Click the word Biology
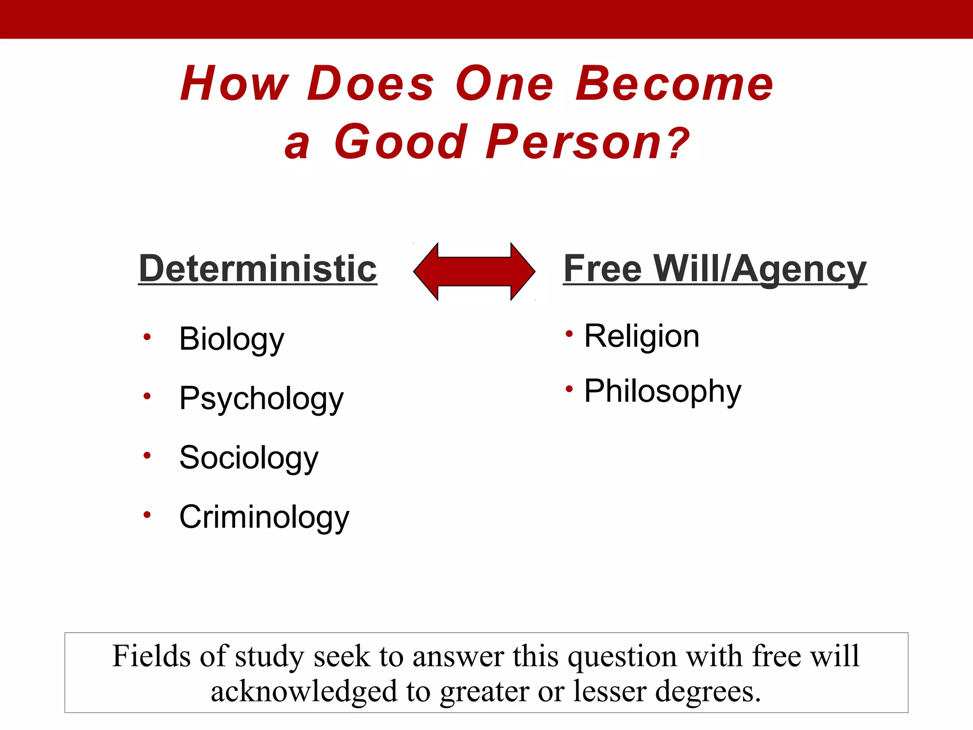[x=231, y=339]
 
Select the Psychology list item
[x=261, y=399]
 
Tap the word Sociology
[x=248, y=458]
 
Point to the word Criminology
[x=264, y=517]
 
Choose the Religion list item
[x=641, y=336]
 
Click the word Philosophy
[x=662, y=392]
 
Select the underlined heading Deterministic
[x=258, y=269]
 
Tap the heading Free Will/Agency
[x=715, y=269]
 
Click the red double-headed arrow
[x=474, y=271]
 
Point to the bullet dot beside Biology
[x=147, y=337]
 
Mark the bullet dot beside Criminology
[x=147, y=515]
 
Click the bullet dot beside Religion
[x=569, y=334]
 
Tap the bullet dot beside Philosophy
[x=569, y=390]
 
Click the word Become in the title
[x=674, y=84]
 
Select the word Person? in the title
[x=588, y=142]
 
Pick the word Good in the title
[x=401, y=142]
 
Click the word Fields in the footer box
[x=151, y=656]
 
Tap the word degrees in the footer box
[x=707, y=692]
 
